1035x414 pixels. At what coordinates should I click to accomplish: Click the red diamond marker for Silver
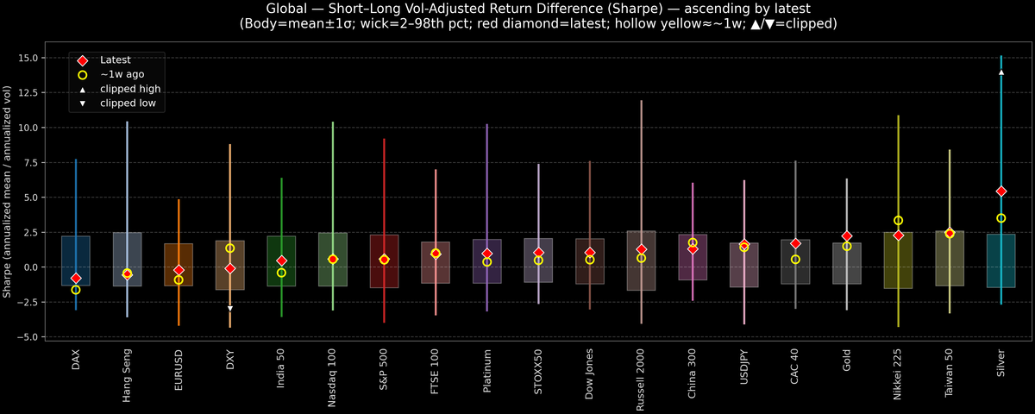tap(1000, 191)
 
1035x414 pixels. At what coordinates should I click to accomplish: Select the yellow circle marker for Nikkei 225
tap(898, 221)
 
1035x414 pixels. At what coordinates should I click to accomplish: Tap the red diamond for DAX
tap(76, 279)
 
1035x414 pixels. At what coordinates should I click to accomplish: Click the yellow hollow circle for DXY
tap(230, 248)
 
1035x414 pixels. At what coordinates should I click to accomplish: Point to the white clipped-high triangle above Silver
tap(1000, 72)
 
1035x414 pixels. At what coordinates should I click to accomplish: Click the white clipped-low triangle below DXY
tap(230, 308)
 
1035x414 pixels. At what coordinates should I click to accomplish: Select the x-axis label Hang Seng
tap(128, 375)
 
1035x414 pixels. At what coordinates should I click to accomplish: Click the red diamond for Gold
tap(847, 236)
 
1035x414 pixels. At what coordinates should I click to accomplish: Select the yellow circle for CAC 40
tap(795, 260)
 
